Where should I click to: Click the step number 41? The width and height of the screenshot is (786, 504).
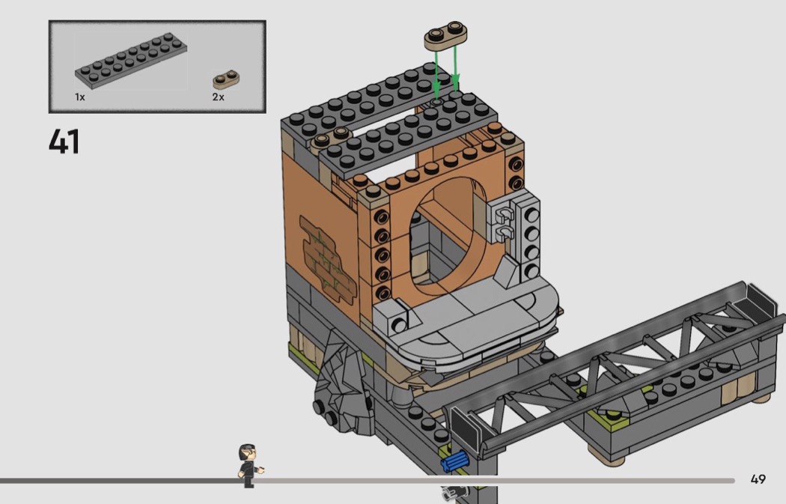point(64,142)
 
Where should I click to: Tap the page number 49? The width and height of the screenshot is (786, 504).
point(758,479)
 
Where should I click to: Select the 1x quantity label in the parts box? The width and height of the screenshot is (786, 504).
point(80,97)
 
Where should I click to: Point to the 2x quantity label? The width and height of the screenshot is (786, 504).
point(218,97)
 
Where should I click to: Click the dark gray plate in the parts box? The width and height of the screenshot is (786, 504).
point(131,61)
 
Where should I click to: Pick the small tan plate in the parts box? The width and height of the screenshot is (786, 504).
point(226,79)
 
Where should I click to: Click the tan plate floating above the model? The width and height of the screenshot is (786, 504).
point(445,35)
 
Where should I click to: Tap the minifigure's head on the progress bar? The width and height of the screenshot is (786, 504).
point(248,453)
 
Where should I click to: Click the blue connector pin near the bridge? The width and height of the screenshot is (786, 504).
point(454,461)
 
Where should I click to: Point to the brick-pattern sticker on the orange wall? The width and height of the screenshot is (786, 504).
point(327,260)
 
